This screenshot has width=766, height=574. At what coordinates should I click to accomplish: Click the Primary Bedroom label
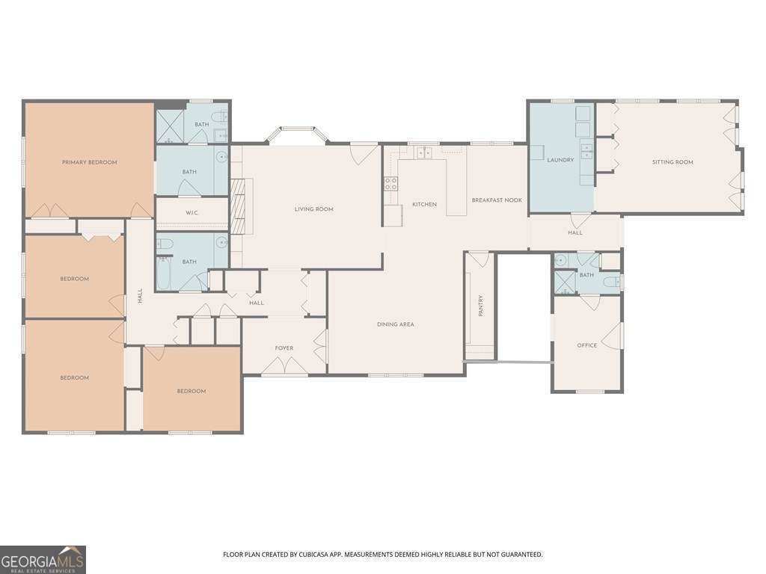tap(90, 162)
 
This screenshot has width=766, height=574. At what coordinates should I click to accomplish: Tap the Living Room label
tap(313, 209)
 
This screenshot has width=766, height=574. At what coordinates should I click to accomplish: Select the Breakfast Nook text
tap(497, 200)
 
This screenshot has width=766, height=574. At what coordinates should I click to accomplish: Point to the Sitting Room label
tap(672, 162)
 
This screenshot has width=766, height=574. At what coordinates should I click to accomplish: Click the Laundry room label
tap(560, 160)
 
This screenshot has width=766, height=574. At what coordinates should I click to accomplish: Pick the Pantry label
tap(481, 306)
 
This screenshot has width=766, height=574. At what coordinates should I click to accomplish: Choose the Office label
tap(586, 345)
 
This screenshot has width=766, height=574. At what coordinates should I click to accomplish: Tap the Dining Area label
tap(395, 324)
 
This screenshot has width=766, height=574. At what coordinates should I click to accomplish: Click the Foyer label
tap(284, 348)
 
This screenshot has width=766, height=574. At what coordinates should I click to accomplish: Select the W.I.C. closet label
tap(191, 213)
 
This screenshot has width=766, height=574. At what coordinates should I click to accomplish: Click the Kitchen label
tap(425, 205)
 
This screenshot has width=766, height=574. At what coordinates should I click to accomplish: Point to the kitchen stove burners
tap(390, 184)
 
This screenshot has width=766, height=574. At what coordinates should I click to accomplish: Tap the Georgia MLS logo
tap(43, 559)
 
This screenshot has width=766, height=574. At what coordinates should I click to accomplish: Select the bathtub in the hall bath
tap(163, 274)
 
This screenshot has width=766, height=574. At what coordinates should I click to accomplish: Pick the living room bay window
tap(297, 135)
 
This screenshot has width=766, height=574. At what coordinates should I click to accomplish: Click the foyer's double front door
tap(284, 365)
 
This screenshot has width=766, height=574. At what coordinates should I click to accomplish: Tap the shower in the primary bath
tap(170, 126)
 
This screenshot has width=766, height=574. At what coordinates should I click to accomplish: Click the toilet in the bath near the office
tap(612, 282)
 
